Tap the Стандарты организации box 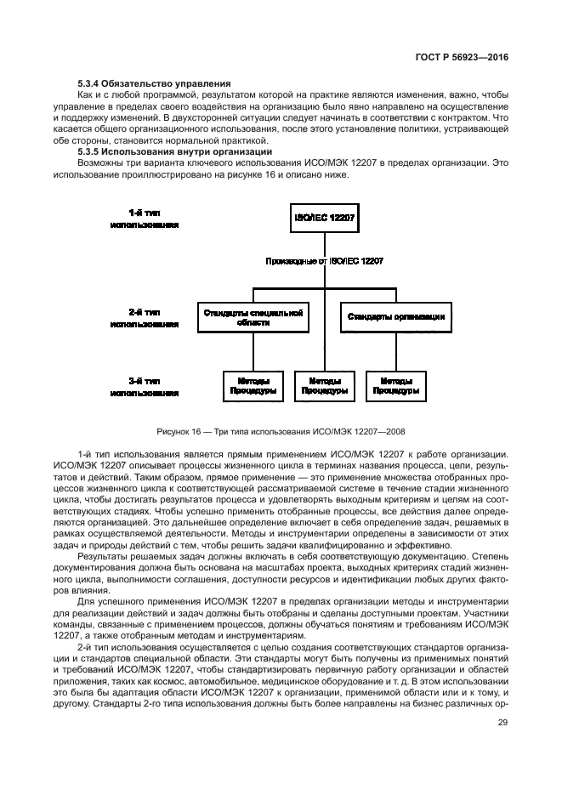395,317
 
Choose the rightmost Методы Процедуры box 395,386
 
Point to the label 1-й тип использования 144,219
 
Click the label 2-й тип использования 144,317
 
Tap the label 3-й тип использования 144,386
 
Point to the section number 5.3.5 88,151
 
